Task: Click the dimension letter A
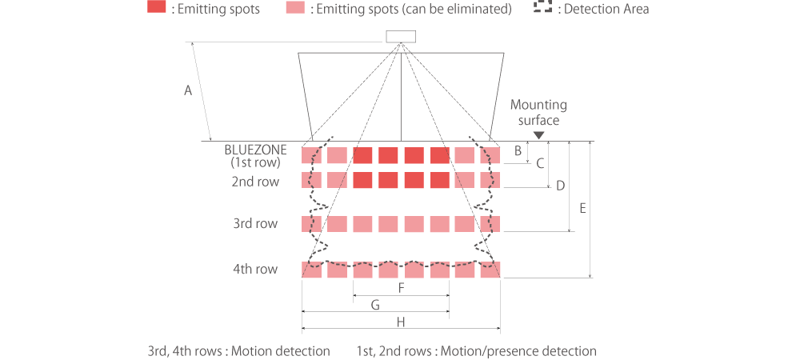188,91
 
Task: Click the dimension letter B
518,150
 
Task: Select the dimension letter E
583,208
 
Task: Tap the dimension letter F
400,286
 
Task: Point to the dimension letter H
400,322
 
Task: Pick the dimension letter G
374,304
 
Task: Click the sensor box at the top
401,36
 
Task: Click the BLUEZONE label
254,149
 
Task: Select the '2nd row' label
255,182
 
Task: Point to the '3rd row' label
255,224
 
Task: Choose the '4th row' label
255,269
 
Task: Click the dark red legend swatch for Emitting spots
157,9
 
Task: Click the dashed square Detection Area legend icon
543,9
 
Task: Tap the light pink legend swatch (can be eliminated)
294,9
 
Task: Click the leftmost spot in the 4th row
311,270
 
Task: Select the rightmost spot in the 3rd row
490,224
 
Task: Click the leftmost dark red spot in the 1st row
363,155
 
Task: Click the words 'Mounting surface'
538,113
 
